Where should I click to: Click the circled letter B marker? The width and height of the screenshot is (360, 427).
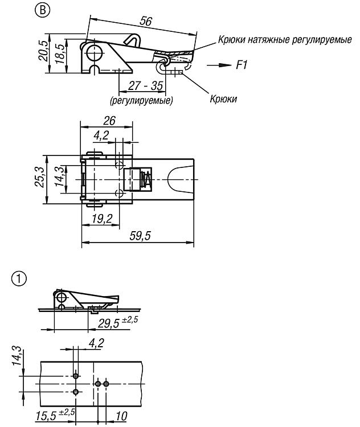tap(43, 10)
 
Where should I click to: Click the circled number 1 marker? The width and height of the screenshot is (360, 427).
tap(19, 280)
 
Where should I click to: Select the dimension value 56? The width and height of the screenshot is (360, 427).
tap(145, 21)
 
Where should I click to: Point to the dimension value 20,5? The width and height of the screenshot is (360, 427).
tap(43, 51)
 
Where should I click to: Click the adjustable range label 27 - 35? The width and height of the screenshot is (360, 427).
tap(145, 85)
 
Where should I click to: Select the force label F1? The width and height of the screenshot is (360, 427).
tap(241, 65)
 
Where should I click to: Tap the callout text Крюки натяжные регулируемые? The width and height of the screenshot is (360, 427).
tap(284, 40)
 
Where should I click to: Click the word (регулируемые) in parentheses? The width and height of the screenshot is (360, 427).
tap(141, 100)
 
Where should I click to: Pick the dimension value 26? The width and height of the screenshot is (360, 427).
tap(109, 121)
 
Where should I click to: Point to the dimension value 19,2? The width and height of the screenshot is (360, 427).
tap(102, 219)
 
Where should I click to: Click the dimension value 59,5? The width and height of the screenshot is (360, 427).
tap(140, 236)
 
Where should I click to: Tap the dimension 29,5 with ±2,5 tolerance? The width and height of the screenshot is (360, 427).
tap(118, 322)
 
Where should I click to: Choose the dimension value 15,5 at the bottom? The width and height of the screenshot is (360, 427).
tap(55, 415)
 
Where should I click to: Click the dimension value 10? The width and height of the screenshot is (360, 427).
tap(121, 416)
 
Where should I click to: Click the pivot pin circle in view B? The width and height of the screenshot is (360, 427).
tap(94, 52)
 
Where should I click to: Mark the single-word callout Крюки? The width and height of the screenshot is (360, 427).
tap(223, 98)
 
